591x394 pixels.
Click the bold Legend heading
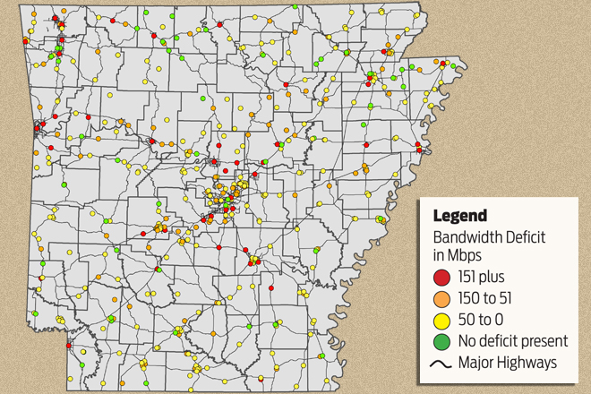pos(460,216)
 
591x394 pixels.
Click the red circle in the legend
pos(442,278)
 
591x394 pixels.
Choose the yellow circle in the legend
pos(442,320)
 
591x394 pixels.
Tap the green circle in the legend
pos(442,340)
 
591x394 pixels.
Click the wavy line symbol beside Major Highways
pos(442,362)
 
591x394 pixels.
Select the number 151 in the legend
pos(469,278)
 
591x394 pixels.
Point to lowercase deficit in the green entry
pos(500,340)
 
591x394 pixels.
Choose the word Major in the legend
pos(475,362)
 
